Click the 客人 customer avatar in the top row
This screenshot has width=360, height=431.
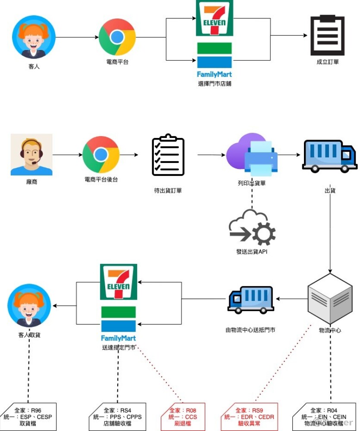click(x=34, y=37)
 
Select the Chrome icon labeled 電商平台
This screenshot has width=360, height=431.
click(x=117, y=37)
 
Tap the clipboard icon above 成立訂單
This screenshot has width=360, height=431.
click(x=327, y=36)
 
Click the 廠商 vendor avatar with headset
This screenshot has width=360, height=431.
click(x=31, y=154)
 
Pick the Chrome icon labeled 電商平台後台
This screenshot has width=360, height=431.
click(x=101, y=155)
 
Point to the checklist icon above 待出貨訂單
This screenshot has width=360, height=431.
click(x=168, y=156)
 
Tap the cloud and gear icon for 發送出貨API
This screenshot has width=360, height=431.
click(x=252, y=227)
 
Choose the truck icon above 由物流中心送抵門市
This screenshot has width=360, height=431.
click(x=250, y=298)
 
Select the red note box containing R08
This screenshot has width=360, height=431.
click(x=182, y=417)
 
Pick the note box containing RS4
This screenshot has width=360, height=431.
click(x=118, y=417)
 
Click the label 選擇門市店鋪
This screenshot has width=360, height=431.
click(x=215, y=84)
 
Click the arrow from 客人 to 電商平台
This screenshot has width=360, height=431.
click(x=77, y=37)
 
